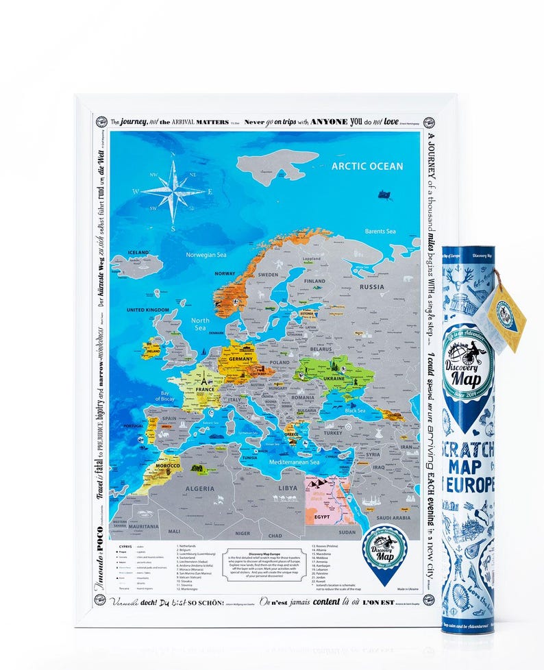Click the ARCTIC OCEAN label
367,166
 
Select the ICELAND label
138,253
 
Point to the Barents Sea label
380,232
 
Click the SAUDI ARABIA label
394,518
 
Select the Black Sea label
355,411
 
